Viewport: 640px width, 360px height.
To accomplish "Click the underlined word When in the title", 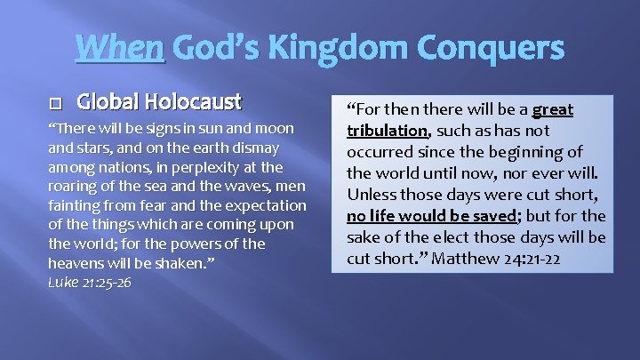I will (120, 47).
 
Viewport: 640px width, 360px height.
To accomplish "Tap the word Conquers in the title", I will (494, 47).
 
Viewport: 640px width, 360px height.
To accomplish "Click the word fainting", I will (76, 204).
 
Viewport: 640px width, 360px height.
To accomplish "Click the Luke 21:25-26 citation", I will (89, 283).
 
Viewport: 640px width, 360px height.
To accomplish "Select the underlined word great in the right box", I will (552, 110).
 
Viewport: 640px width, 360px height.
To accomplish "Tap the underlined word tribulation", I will (388, 131).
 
